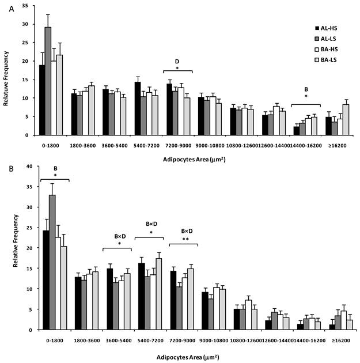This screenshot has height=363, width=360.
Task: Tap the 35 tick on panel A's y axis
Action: click(28, 6)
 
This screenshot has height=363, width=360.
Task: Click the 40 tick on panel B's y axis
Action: click(28, 166)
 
